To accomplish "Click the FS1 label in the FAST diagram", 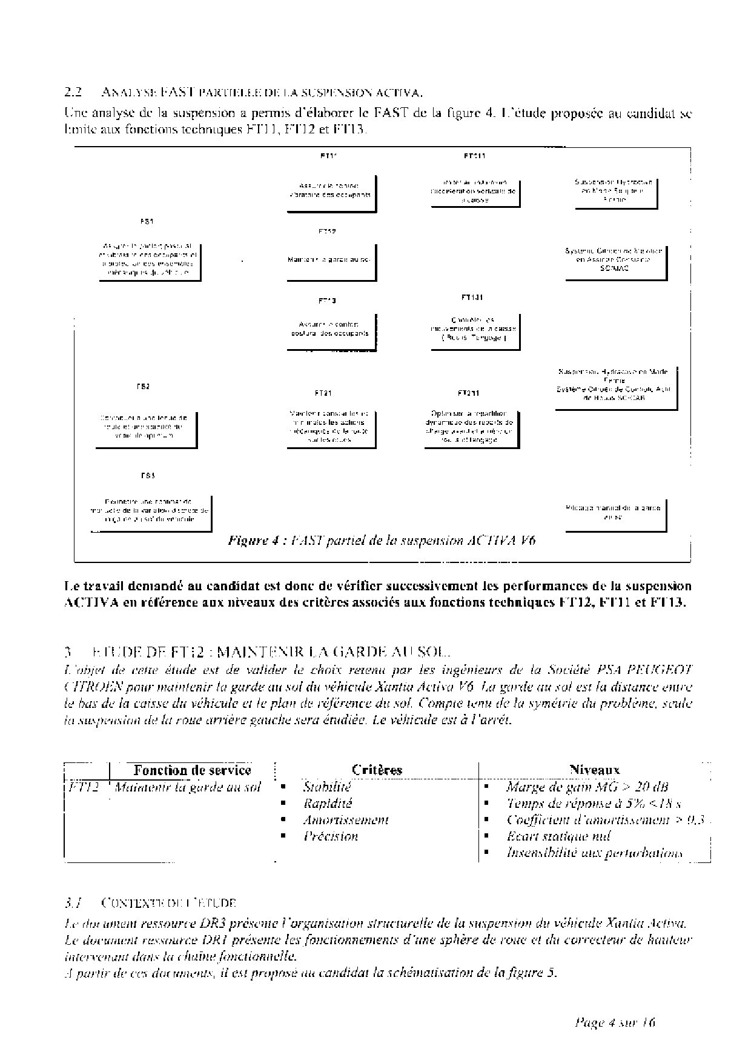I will pyautogui.click(x=147, y=222).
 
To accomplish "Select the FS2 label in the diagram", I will pyautogui.click(x=143, y=387).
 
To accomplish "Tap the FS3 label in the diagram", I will pyautogui.click(x=148, y=476).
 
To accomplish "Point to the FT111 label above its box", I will pyautogui.click(x=474, y=156).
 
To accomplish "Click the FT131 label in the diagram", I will pyautogui.click(x=472, y=298).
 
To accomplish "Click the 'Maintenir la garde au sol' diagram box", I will pyautogui.click(x=331, y=261).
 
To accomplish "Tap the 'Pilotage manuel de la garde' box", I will pyautogui.click(x=614, y=513).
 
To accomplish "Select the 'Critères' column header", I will pyautogui.click(x=377, y=770).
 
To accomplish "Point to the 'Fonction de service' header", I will pyautogui.click(x=192, y=770).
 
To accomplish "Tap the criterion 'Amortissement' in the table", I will pyautogui.click(x=346, y=820).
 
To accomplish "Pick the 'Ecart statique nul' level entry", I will pyautogui.click(x=558, y=836).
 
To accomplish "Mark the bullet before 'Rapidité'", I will pyautogui.click(x=282, y=804).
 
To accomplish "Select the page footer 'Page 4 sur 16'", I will pyautogui.click(x=614, y=1023).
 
